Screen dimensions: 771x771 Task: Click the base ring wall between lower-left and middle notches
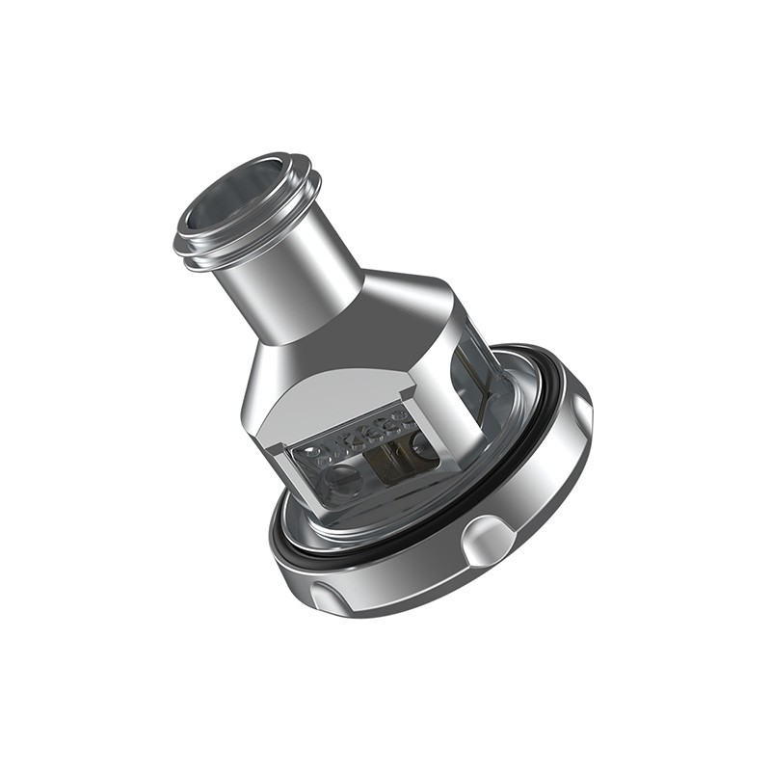coord(405,588)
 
